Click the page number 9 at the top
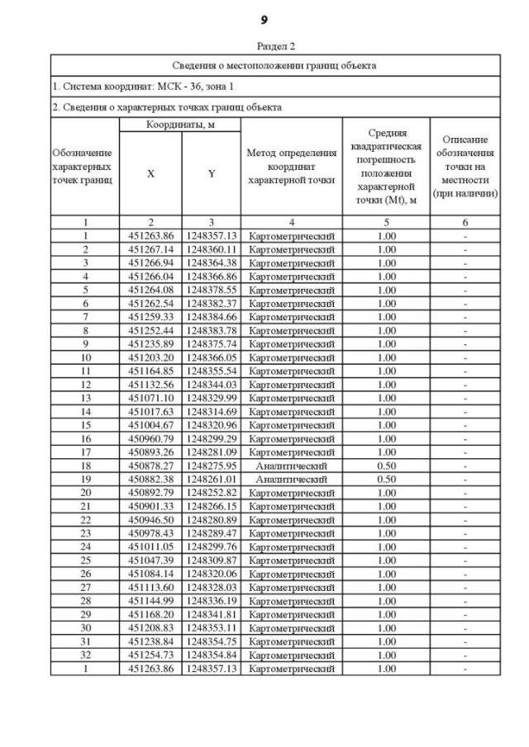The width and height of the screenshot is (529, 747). click(264, 18)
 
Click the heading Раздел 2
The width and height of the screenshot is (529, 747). click(264, 46)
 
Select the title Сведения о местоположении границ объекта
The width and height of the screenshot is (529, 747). click(274, 65)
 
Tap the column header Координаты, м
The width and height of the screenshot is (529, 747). click(179, 125)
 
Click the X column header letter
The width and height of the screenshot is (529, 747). click(150, 174)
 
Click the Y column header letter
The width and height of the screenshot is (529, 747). click(211, 174)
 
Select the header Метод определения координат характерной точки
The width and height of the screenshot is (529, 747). click(291, 167)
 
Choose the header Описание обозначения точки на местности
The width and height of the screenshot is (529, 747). click(469, 167)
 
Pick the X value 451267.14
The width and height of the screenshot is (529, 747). click(150, 249)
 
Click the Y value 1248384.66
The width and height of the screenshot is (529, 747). click(211, 317)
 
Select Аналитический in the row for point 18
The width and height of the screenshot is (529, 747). click(291, 466)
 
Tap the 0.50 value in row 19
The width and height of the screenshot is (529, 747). click(386, 479)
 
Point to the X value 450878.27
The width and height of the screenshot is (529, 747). click(150, 466)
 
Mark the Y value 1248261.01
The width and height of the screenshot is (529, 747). click(211, 479)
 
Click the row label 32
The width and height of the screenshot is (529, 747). click(85, 655)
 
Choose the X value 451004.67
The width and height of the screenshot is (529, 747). click(150, 425)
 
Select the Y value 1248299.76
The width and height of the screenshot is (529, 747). click(211, 546)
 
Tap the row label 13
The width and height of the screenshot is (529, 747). click(85, 398)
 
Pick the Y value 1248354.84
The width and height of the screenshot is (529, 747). click(211, 655)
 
